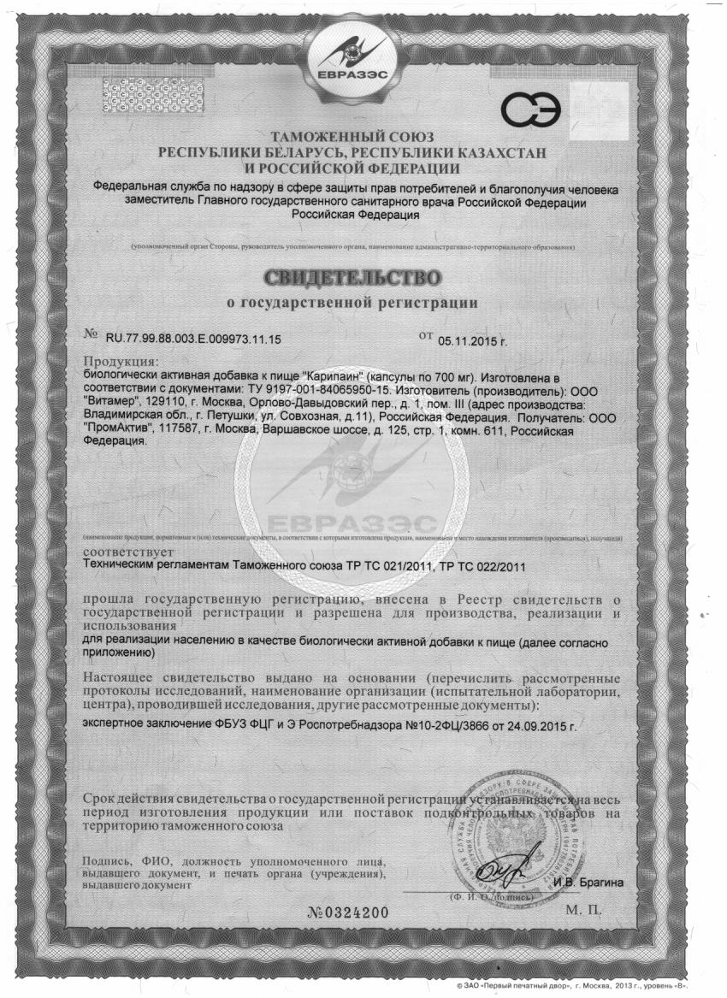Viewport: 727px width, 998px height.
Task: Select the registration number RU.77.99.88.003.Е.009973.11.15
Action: click(x=193, y=340)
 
